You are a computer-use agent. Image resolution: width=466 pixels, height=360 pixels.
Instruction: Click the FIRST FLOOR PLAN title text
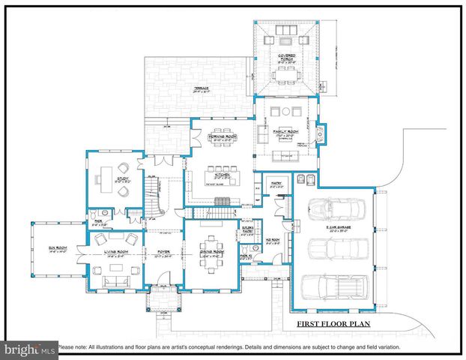pyautogui.click(x=333, y=324)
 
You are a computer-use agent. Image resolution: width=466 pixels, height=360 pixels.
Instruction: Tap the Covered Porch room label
pyautogui.click(x=285, y=56)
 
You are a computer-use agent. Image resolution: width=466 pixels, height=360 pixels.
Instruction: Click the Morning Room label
pyautogui.click(x=223, y=136)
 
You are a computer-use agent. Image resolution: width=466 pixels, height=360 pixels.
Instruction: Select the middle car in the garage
pyautogui.click(x=336, y=250)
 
